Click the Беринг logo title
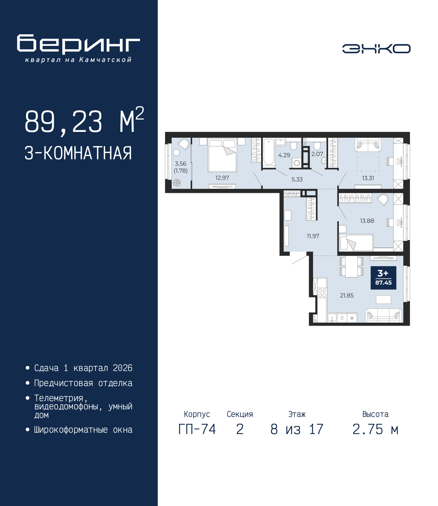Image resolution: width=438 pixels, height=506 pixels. [x=78, y=44]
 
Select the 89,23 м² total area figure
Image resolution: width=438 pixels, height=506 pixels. [x=85, y=121]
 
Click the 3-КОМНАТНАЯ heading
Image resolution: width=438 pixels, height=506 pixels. [x=78, y=153]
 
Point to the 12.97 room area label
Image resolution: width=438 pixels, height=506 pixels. [x=222, y=178]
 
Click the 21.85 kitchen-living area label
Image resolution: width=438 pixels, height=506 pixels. [x=347, y=295]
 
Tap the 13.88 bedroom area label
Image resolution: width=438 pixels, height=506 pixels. [x=367, y=221]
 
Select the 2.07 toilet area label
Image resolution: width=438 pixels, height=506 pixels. [x=317, y=154]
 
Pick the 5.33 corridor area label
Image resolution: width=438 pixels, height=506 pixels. [x=297, y=179]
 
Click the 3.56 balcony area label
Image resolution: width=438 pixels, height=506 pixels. [x=180, y=163]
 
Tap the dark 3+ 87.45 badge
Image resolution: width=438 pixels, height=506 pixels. [x=383, y=277]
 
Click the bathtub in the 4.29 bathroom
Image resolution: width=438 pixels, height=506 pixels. [x=269, y=152]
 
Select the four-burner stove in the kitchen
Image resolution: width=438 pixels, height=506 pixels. [x=322, y=293]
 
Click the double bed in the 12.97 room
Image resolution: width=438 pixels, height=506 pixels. [x=222, y=155]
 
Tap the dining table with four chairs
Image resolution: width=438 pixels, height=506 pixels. [x=351, y=267]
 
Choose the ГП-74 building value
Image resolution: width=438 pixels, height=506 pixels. [x=197, y=429]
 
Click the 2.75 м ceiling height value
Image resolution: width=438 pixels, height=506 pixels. [x=375, y=429]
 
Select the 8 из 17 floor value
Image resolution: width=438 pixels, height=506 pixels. [x=297, y=429]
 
